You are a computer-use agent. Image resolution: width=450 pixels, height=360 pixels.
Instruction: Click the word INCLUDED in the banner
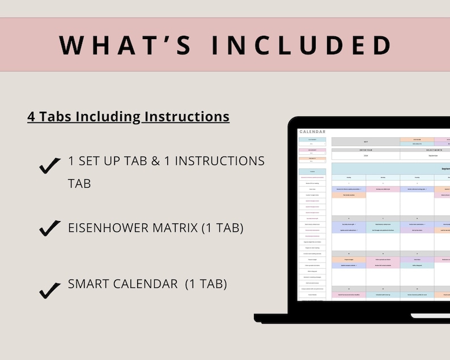(x=301, y=45)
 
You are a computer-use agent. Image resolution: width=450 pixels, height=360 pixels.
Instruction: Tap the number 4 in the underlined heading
(x=31, y=117)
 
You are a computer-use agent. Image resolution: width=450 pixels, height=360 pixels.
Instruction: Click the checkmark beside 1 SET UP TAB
(x=50, y=166)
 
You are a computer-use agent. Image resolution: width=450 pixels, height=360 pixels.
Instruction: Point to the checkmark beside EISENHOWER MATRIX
(x=50, y=228)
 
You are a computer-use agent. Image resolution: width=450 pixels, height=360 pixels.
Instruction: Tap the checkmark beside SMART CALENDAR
(x=50, y=290)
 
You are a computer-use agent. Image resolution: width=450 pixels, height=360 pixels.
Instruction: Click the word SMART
(x=90, y=284)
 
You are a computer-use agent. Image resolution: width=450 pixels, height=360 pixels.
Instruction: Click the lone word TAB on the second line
(x=79, y=184)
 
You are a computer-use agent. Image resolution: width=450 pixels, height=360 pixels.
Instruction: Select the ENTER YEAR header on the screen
(x=365, y=151)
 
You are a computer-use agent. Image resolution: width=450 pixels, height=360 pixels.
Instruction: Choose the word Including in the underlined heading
(x=108, y=117)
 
